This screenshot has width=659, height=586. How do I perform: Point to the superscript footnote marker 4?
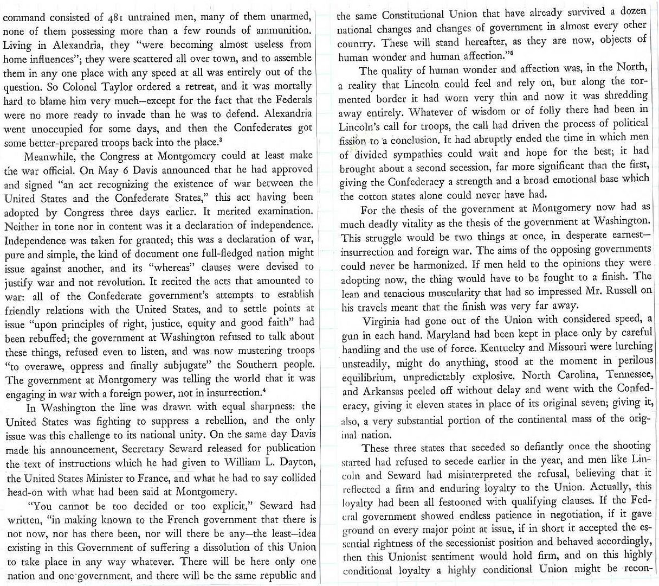tap(263, 388)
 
